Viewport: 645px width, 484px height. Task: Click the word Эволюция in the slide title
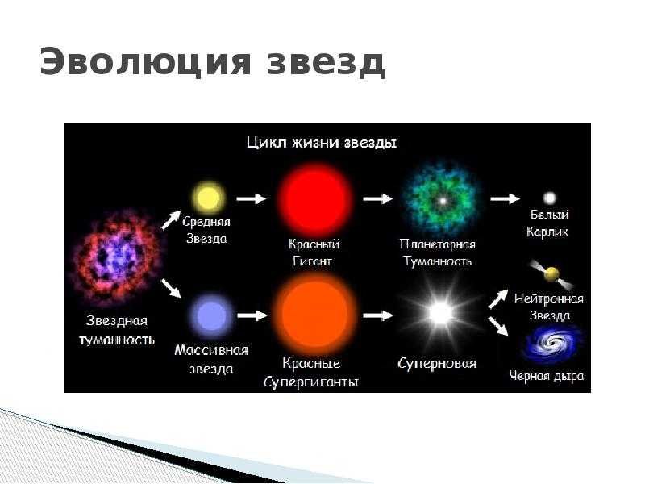(x=145, y=62)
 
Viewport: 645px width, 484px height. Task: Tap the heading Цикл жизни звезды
(x=322, y=143)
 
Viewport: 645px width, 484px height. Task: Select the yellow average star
(x=209, y=198)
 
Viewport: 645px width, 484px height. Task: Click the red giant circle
(x=314, y=199)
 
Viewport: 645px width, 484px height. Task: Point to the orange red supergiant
(x=314, y=315)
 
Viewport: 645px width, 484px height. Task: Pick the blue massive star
(x=211, y=316)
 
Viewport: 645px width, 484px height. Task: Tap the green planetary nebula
(x=443, y=201)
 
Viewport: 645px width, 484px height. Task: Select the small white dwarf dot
(x=550, y=198)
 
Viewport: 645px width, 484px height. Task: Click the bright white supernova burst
(x=440, y=314)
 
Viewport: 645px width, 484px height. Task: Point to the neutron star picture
(x=551, y=273)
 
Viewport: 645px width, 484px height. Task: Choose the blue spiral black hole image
(x=551, y=344)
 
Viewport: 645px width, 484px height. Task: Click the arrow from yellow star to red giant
(x=252, y=198)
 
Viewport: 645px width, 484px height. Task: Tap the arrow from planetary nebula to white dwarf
(x=506, y=198)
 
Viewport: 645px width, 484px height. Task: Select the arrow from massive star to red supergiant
(x=252, y=315)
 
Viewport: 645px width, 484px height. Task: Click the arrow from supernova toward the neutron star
(x=498, y=298)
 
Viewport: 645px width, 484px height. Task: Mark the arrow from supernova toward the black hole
(x=498, y=326)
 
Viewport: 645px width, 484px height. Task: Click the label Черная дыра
(x=547, y=376)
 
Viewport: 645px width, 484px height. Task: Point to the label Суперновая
(x=437, y=364)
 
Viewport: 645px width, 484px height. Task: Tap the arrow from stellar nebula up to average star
(x=171, y=220)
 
